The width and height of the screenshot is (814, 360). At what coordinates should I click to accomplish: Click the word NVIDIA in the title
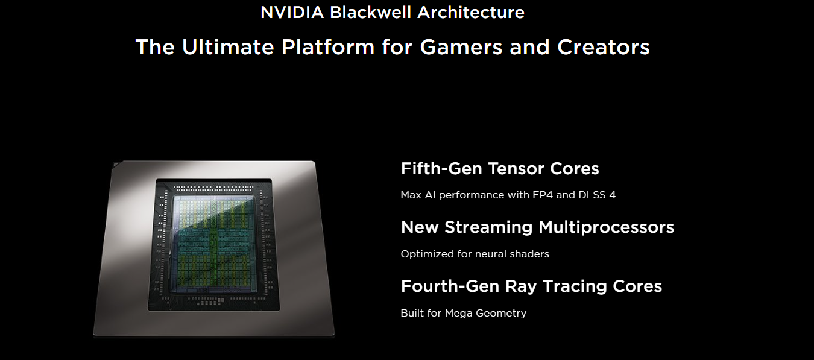(x=292, y=12)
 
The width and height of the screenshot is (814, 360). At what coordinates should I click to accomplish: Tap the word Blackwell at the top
(x=371, y=12)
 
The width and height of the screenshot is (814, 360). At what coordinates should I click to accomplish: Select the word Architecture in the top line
(x=471, y=12)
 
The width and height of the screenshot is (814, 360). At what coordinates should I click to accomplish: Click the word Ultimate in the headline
(x=228, y=47)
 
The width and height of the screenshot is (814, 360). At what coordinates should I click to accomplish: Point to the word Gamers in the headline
(x=461, y=47)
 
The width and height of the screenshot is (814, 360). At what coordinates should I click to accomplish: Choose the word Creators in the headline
(x=603, y=47)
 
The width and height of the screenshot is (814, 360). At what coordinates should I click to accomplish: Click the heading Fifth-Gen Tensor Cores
(x=500, y=169)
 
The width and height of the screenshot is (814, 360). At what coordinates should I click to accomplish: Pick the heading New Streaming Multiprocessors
(x=537, y=228)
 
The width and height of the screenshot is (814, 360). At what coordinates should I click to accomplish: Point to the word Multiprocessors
(x=606, y=228)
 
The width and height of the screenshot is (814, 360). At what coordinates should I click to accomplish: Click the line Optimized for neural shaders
(x=475, y=254)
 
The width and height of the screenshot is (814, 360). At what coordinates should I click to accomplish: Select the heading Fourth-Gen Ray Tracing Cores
(x=531, y=286)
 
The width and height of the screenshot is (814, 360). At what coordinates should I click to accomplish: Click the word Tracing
(x=575, y=286)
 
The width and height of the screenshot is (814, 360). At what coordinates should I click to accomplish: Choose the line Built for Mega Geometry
(x=463, y=313)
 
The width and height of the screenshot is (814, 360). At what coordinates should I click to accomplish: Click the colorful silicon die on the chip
(x=215, y=244)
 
